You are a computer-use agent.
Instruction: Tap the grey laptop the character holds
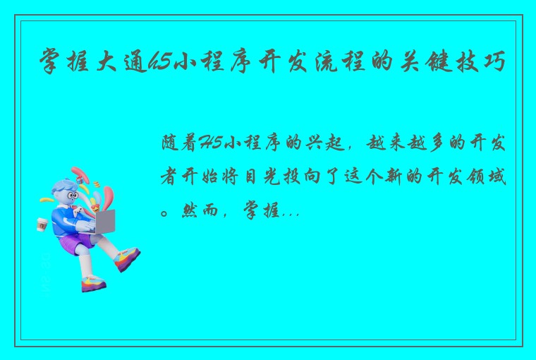tap(104, 221)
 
